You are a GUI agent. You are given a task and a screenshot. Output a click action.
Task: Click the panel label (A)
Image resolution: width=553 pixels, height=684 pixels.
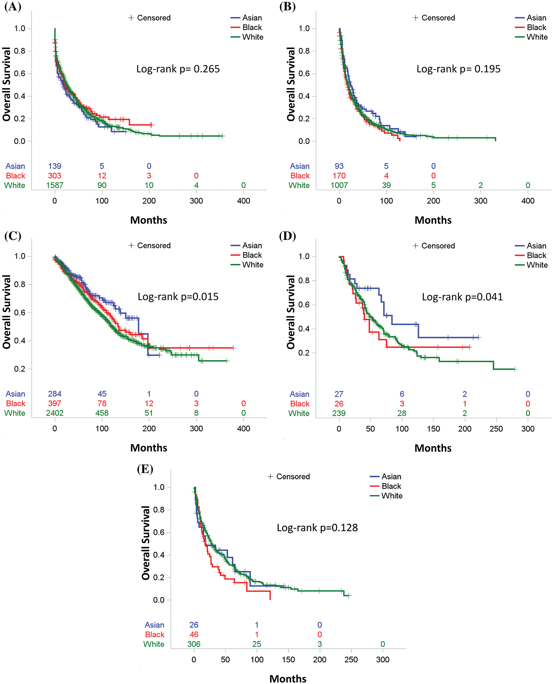click(x=13, y=6)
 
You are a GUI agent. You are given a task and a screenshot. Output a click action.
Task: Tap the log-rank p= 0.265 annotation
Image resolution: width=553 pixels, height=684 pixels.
click(x=178, y=69)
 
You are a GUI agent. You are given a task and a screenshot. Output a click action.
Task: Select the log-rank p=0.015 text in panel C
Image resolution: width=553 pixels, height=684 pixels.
click(x=178, y=296)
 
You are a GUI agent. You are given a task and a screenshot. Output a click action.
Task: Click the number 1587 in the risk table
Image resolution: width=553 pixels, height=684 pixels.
click(x=54, y=185)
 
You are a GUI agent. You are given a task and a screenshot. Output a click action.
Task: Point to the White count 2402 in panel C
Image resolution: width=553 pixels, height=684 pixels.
click(x=54, y=413)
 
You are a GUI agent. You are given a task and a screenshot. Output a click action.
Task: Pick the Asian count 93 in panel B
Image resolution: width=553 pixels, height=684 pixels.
click(x=339, y=166)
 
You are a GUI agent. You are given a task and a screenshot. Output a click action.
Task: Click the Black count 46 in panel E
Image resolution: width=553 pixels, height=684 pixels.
click(x=194, y=634)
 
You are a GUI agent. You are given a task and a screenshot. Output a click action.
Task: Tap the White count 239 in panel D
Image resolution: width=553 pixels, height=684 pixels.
click(x=339, y=413)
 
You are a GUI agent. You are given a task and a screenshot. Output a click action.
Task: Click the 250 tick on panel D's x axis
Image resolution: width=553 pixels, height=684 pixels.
click(x=496, y=429)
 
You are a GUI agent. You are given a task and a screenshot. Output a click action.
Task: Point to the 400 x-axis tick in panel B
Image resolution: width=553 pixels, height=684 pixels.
click(x=527, y=201)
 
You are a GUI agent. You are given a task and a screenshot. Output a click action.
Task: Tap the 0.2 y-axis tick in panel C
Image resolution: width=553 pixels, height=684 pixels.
click(x=20, y=369)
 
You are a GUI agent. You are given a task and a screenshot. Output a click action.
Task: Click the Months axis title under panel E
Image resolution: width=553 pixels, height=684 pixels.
click(x=288, y=679)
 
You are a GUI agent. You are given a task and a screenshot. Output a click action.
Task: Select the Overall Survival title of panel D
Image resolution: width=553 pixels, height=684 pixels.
click(x=291, y=312)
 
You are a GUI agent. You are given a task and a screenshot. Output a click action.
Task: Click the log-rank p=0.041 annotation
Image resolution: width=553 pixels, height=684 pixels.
click(x=462, y=297)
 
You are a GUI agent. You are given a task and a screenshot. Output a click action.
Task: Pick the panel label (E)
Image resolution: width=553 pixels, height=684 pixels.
click(x=145, y=469)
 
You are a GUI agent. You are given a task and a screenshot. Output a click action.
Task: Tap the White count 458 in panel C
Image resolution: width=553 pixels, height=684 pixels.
click(x=102, y=413)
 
